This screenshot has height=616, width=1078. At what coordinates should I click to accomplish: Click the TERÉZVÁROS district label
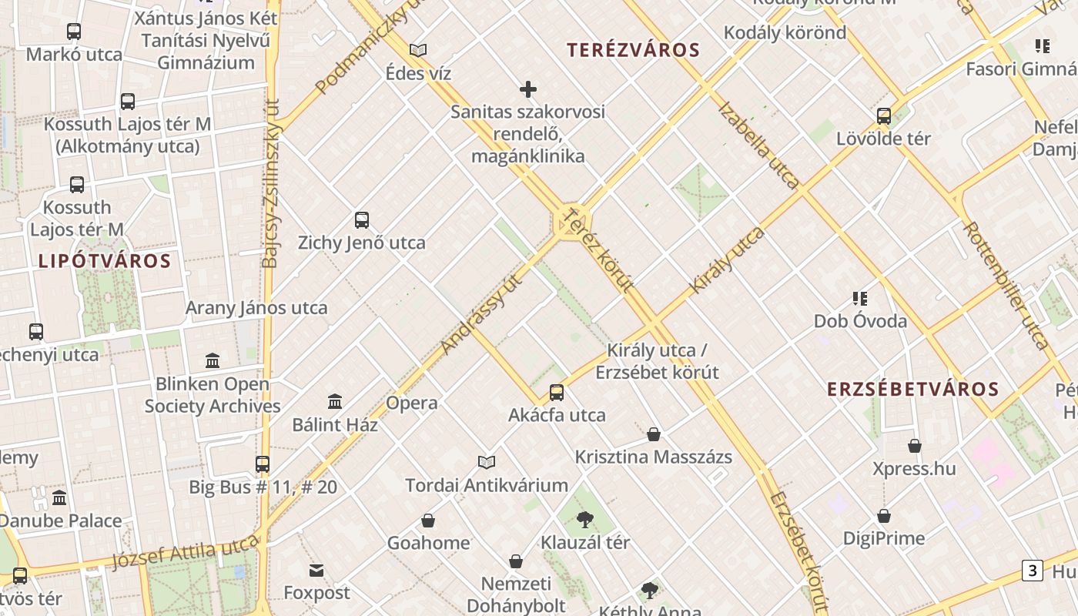[x=633, y=51]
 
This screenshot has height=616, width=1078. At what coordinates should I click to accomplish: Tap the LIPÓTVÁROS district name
[x=104, y=260]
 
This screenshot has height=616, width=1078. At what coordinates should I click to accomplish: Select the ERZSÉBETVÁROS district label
[x=912, y=390]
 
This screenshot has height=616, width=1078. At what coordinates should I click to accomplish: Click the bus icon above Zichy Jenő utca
[x=362, y=220]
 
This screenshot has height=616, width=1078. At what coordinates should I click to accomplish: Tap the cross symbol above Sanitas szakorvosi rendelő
[x=528, y=89]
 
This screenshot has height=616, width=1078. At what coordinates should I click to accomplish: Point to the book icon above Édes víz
[x=418, y=51]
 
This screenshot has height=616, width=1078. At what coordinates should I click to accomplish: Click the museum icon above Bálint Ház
[x=335, y=401]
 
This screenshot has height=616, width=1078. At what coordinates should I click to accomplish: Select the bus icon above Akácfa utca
[x=557, y=393]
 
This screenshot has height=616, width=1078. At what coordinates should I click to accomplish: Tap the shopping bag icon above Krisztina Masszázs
[x=654, y=434]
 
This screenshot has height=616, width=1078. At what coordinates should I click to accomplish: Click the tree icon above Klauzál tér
[x=585, y=520]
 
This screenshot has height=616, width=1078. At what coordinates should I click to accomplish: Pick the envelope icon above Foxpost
[x=316, y=571]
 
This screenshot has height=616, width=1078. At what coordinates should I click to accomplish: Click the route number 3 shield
[x=1032, y=571]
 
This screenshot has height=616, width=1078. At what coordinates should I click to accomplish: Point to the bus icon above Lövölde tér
[x=884, y=116]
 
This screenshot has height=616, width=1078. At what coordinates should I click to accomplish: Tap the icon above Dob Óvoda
[x=860, y=298]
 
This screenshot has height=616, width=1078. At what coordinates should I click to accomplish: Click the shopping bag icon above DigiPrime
[x=884, y=516]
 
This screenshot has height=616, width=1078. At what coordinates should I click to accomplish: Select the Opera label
[x=411, y=403]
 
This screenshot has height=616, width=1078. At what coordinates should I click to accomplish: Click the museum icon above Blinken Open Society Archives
[x=213, y=360]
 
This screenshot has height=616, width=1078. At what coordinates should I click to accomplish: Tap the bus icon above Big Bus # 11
[x=263, y=464]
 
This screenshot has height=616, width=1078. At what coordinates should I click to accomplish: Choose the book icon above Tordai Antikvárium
[x=486, y=462]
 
